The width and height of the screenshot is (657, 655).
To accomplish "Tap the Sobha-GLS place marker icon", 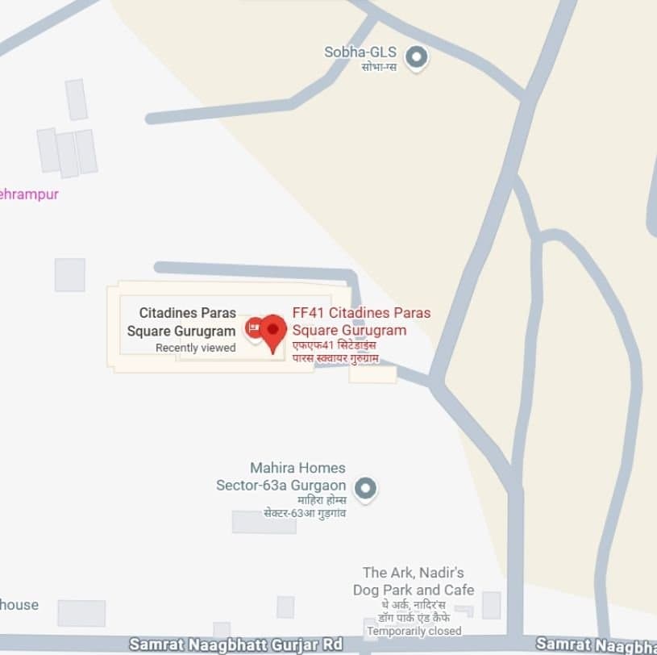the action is [416, 57].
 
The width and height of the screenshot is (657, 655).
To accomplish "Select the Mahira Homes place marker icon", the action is [366, 488].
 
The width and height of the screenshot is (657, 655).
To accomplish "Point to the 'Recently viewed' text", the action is [195, 348].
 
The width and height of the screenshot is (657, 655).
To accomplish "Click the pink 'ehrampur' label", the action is [29, 194].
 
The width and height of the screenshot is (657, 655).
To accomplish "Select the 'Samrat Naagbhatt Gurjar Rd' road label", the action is [235, 645].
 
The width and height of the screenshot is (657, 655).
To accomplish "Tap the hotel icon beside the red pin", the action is [252, 327].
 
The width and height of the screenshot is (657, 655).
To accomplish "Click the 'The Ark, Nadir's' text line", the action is [413, 573].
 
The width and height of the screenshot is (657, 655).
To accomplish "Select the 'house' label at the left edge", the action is [19, 604].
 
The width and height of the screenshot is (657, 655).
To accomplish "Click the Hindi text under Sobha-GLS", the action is [378, 66].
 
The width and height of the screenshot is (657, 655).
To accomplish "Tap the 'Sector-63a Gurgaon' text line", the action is [281, 485].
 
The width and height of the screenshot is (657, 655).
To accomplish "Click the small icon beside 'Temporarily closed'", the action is [372, 629].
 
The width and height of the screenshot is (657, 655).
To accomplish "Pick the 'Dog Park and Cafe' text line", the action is [413, 590].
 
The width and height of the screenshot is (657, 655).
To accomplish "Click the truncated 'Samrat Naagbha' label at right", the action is [596, 644].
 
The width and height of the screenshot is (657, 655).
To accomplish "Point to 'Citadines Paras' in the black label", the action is [187, 312].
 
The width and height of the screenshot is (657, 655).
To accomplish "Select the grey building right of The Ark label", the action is [491, 605].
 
